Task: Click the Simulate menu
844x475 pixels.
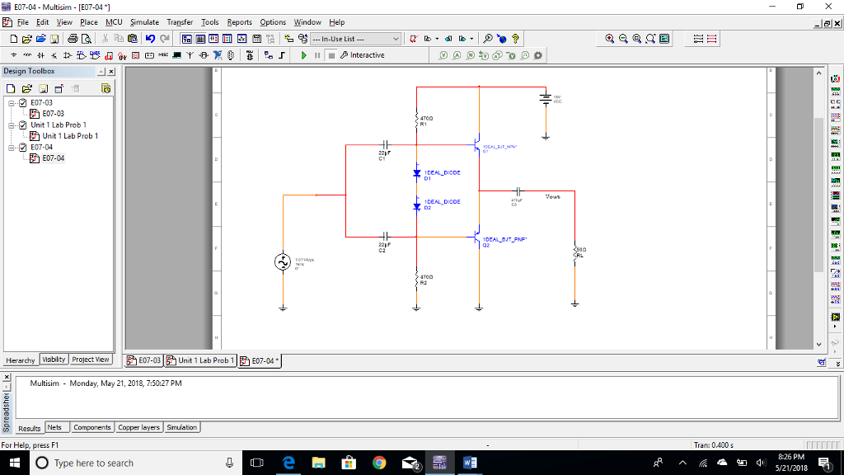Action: (144, 22)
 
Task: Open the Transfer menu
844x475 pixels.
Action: (180, 22)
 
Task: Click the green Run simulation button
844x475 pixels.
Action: (304, 55)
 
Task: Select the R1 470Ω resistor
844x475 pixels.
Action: (417, 121)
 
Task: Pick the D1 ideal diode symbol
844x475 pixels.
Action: (417, 173)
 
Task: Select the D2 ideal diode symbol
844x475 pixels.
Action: (417, 206)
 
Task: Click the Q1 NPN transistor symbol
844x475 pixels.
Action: (476, 146)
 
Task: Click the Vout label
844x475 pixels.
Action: (552, 197)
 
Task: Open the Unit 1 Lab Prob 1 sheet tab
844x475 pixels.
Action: (201, 360)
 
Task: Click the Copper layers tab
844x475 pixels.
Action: (138, 427)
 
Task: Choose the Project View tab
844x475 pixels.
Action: (90, 360)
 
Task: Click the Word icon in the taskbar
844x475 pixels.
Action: (470, 463)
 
